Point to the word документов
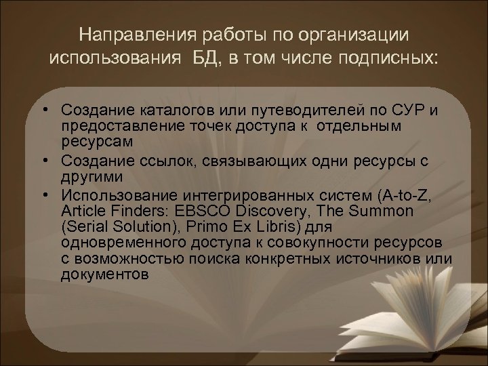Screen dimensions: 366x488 [x=102, y=276]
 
